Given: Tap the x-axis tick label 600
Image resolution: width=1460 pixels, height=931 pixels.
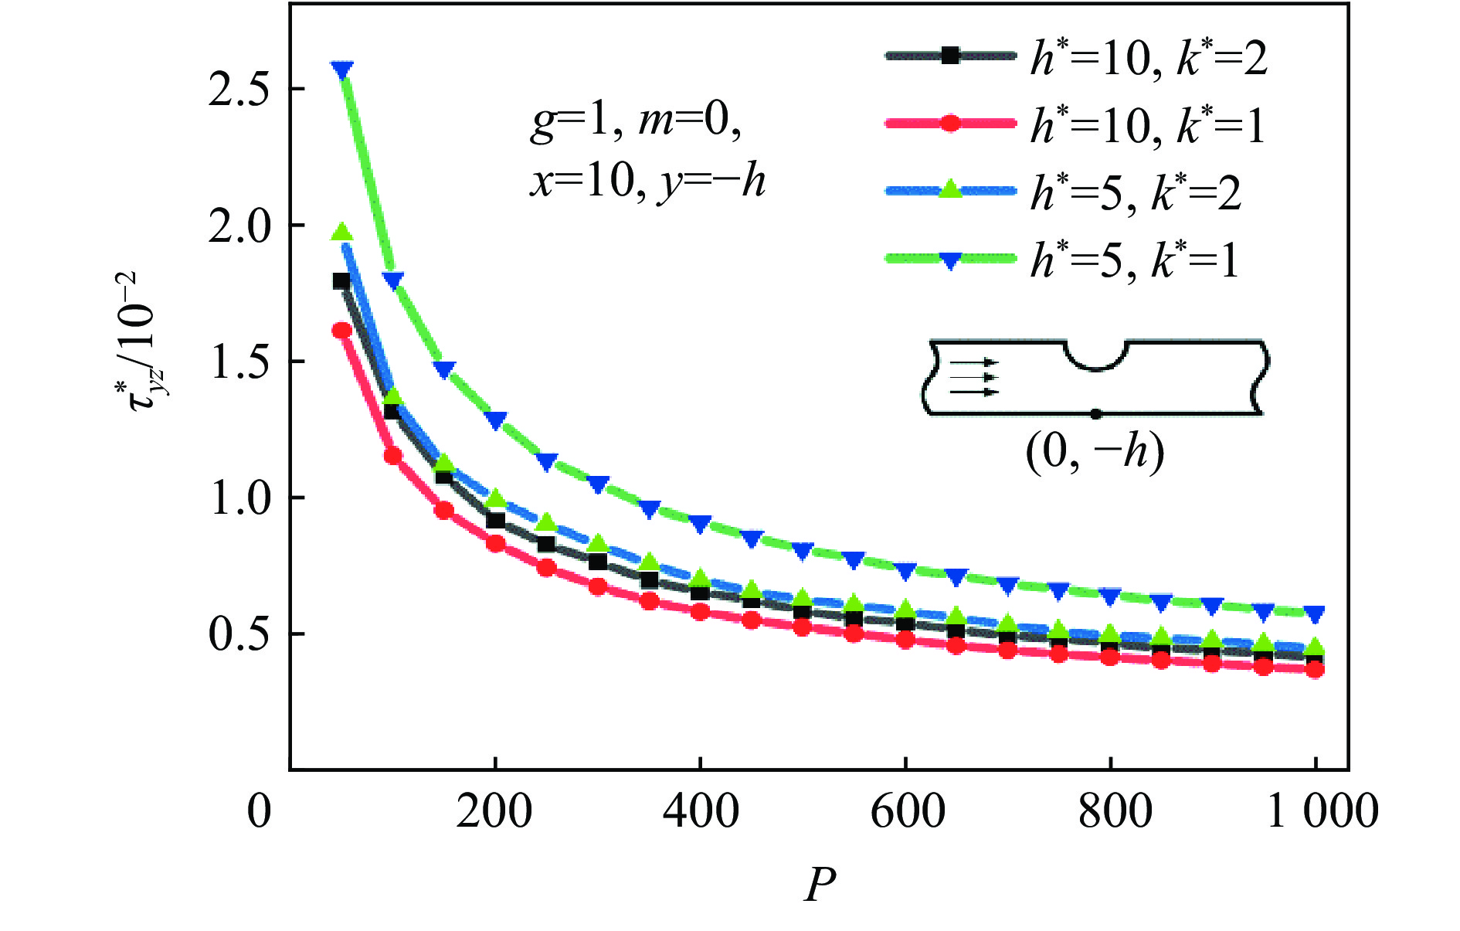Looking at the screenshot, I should [907, 812].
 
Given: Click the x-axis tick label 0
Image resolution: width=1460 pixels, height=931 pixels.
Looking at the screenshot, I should [260, 812].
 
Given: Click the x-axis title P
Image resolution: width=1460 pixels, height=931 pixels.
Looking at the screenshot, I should [819, 885].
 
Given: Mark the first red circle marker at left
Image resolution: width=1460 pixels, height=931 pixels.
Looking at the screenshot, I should [342, 331].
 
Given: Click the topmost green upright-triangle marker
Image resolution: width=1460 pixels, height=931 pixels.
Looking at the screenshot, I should [342, 233].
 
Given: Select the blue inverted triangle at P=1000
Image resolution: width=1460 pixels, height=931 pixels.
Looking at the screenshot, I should [1315, 614].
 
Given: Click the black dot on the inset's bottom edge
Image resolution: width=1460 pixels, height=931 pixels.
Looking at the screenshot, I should [1095, 414].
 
